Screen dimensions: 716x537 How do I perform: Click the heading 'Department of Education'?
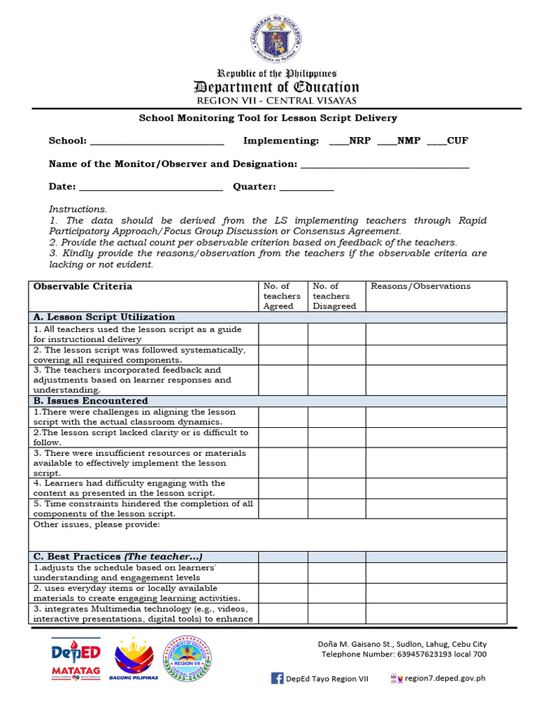point(276,87)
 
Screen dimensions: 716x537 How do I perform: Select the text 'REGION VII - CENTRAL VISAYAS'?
point(276,101)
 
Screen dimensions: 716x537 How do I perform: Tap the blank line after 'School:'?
point(157,142)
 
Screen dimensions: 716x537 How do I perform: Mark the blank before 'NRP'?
point(338,142)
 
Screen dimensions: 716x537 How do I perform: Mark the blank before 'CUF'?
point(436,142)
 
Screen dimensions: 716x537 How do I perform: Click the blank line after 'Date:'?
point(150,188)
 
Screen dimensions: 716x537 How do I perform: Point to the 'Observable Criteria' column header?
point(83,287)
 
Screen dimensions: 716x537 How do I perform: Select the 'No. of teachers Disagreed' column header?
point(334,296)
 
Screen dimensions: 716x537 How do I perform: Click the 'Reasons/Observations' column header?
point(420,287)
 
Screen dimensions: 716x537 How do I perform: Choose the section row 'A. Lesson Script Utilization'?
point(104,317)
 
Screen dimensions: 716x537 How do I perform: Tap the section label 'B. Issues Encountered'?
point(90,401)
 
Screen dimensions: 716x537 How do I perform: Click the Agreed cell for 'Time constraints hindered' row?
point(282,508)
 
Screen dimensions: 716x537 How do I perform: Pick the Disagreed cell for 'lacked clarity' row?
point(338,438)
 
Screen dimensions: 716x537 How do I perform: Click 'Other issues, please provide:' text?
point(96,524)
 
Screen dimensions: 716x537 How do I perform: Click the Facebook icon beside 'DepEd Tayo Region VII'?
point(277,678)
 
